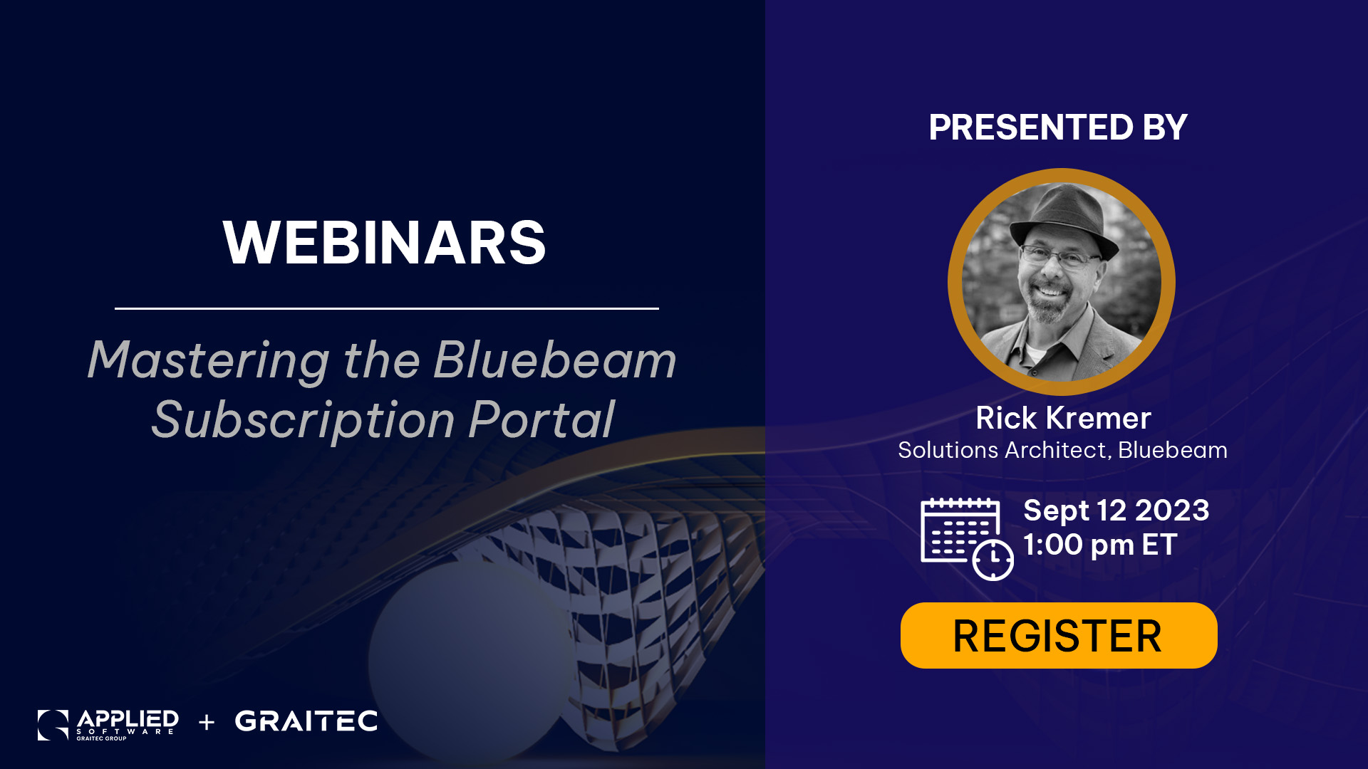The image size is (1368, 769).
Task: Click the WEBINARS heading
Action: (x=385, y=243)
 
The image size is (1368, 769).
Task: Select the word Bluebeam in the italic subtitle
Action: (x=555, y=360)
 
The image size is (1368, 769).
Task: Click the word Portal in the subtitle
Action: (x=541, y=419)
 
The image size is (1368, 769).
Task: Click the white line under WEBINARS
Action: (x=387, y=308)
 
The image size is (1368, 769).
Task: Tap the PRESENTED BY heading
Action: (x=1058, y=127)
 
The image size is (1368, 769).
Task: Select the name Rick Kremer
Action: (x=1063, y=418)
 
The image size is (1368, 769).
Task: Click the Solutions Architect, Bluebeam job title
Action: (x=1062, y=450)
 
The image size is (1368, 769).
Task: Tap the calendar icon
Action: (x=967, y=539)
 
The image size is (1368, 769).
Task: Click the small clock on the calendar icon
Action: (x=993, y=560)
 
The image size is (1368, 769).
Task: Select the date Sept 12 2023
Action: (x=1116, y=511)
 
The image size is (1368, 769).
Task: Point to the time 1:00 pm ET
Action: (x=1100, y=545)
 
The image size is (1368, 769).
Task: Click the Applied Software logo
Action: (x=108, y=725)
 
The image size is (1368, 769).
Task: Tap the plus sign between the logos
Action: (x=207, y=723)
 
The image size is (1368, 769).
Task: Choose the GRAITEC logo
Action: (x=306, y=721)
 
